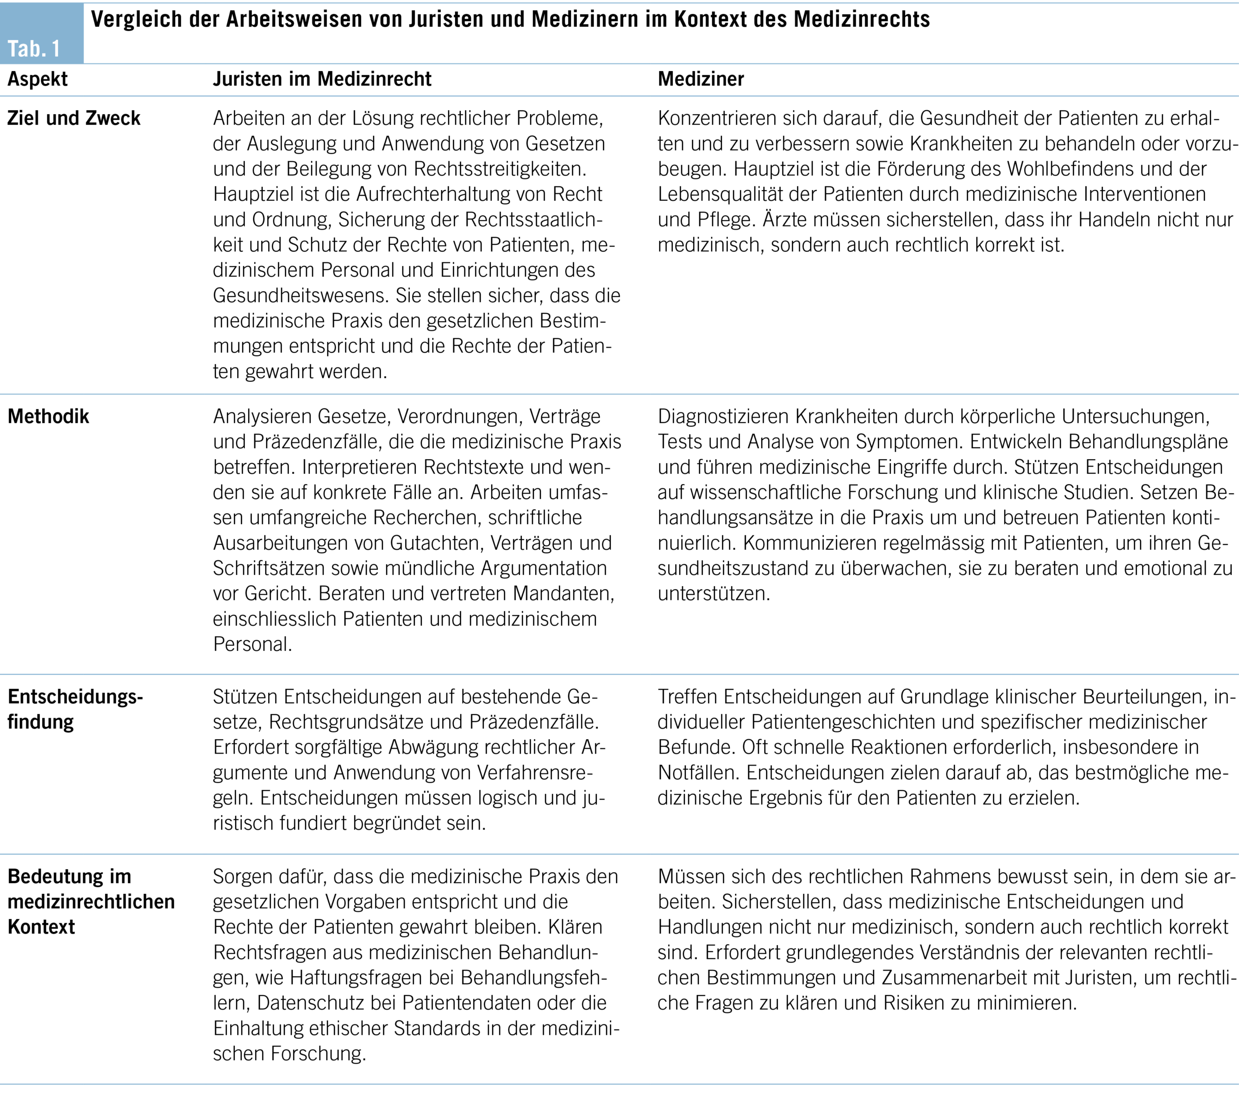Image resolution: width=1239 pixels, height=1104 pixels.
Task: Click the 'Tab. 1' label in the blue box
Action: coord(34,48)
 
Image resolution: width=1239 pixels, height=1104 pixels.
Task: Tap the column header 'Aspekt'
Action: coord(38,79)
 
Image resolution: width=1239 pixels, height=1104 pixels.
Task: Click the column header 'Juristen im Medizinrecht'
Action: coord(322,79)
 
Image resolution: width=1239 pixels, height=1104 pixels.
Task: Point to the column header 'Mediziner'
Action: coord(701,79)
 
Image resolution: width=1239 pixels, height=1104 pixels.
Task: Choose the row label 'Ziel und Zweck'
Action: coord(74,118)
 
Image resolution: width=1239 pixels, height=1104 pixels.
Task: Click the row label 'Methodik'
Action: coord(48,416)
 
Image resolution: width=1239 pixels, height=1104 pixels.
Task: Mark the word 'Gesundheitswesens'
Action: coord(301,295)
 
